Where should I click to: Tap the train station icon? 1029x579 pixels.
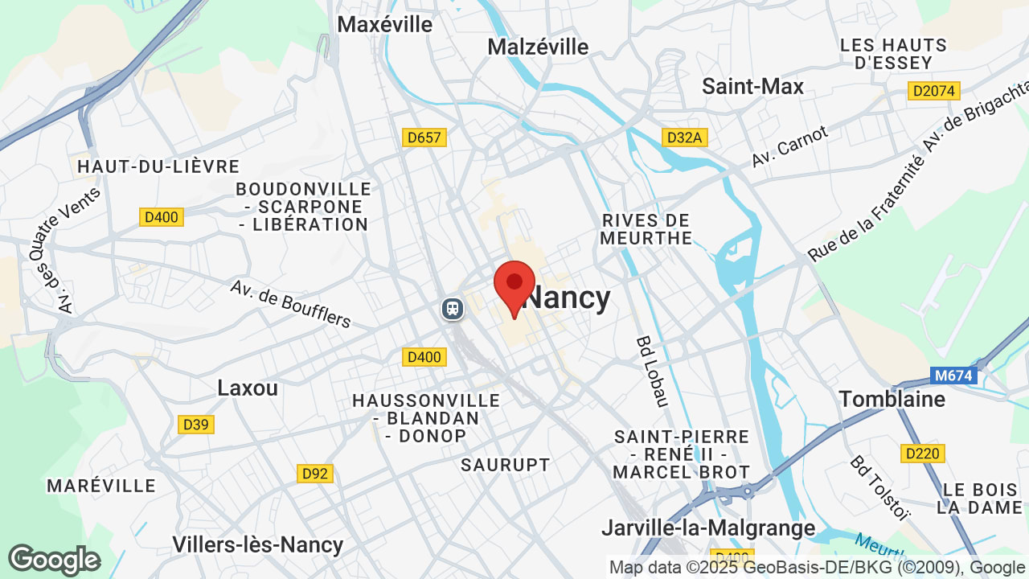[453, 309]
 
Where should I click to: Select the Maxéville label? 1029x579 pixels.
[384, 24]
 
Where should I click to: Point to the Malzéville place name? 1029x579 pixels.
[538, 47]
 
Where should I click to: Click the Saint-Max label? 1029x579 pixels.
[752, 86]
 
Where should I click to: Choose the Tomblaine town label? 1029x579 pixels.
[892, 399]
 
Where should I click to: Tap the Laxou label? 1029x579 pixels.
[248, 388]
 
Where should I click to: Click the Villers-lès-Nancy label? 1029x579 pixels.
[257, 544]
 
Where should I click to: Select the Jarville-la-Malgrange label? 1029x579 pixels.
[708, 528]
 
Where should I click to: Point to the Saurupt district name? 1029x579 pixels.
[506, 465]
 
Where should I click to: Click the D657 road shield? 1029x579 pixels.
[424, 138]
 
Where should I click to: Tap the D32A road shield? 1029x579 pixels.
[684, 138]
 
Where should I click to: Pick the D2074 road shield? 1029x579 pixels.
[934, 91]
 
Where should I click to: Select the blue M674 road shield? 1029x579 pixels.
[953, 375]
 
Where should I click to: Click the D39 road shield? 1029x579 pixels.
[196, 424]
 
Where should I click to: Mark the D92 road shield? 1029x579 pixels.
[315, 474]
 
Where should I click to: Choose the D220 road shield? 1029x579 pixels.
[922, 454]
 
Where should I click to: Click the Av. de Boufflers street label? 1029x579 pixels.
[291, 304]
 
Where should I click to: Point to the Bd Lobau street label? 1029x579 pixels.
[651, 372]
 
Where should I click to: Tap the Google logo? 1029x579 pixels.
[55, 560]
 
